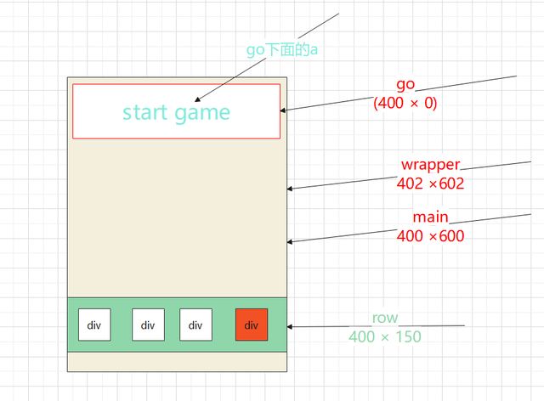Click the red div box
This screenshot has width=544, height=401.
pyautogui.click(x=252, y=325)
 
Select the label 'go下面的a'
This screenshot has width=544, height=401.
pyautogui.click(x=282, y=49)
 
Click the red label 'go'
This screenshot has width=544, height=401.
pyautogui.click(x=405, y=87)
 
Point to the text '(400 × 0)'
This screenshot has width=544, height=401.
pyautogui.click(x=405, y=104)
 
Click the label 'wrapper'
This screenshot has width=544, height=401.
pyautogui.click(x=429, y=165)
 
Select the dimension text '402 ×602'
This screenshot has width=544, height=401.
pyautogui.click(x=430, y=183)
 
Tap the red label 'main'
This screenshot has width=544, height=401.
pyautogui.click(x=430, y=217)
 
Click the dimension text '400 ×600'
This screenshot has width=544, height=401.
pyautogui.click(x=430, y=235)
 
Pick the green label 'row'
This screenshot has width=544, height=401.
pyautogui.click(x=385, y=319)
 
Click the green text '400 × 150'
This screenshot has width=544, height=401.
pyautogui.click(x=385, y=336)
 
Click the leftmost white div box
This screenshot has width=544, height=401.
pyautogui.click(x=94, y=325)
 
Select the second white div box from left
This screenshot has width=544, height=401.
pyautogui.click(x=148, y=325)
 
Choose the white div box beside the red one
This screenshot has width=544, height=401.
pyautogui.click(x=195, y=325)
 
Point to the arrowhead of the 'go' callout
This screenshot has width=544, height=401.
pyautogui.click(x=284, y=110)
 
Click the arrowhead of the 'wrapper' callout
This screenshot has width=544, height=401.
pyautogui.click(x=291, y=189)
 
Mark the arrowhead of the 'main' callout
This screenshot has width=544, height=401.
pyautogui.click(x=291, y=242)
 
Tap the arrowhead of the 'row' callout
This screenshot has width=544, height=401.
pyautogui.click(x=291, y=326)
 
